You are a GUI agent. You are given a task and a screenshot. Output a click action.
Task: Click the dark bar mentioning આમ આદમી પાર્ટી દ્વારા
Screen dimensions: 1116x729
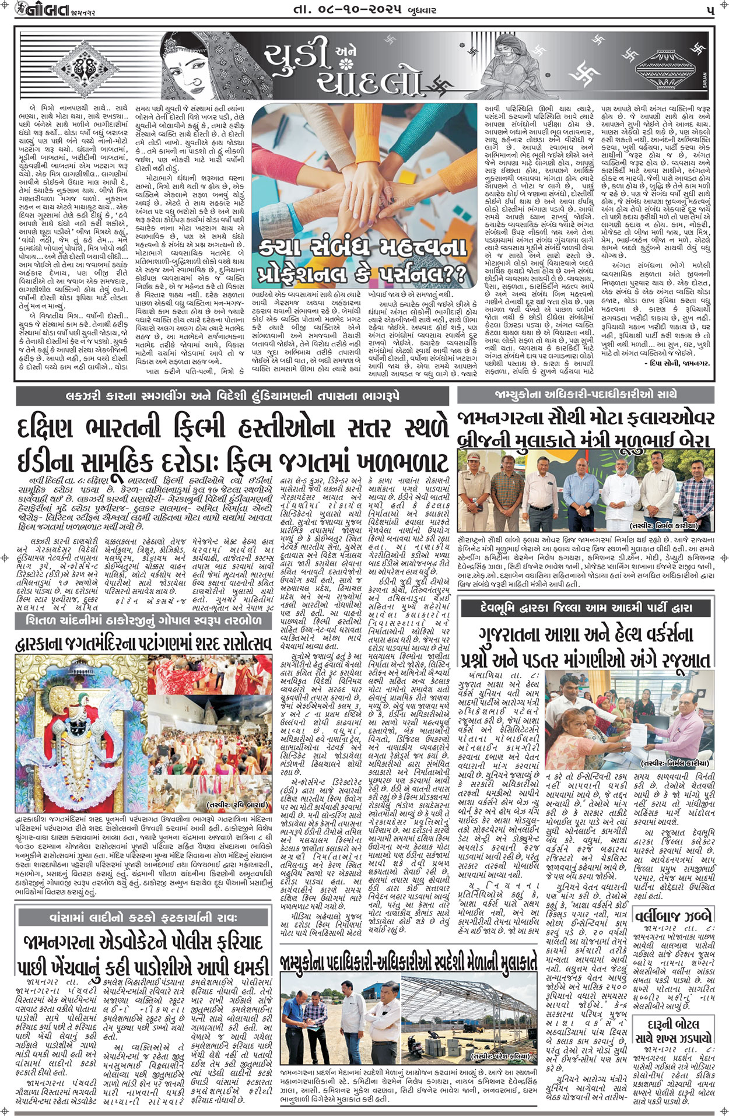coord(586,608)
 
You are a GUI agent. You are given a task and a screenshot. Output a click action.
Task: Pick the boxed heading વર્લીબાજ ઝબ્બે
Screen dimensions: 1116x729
coord(673,914)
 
